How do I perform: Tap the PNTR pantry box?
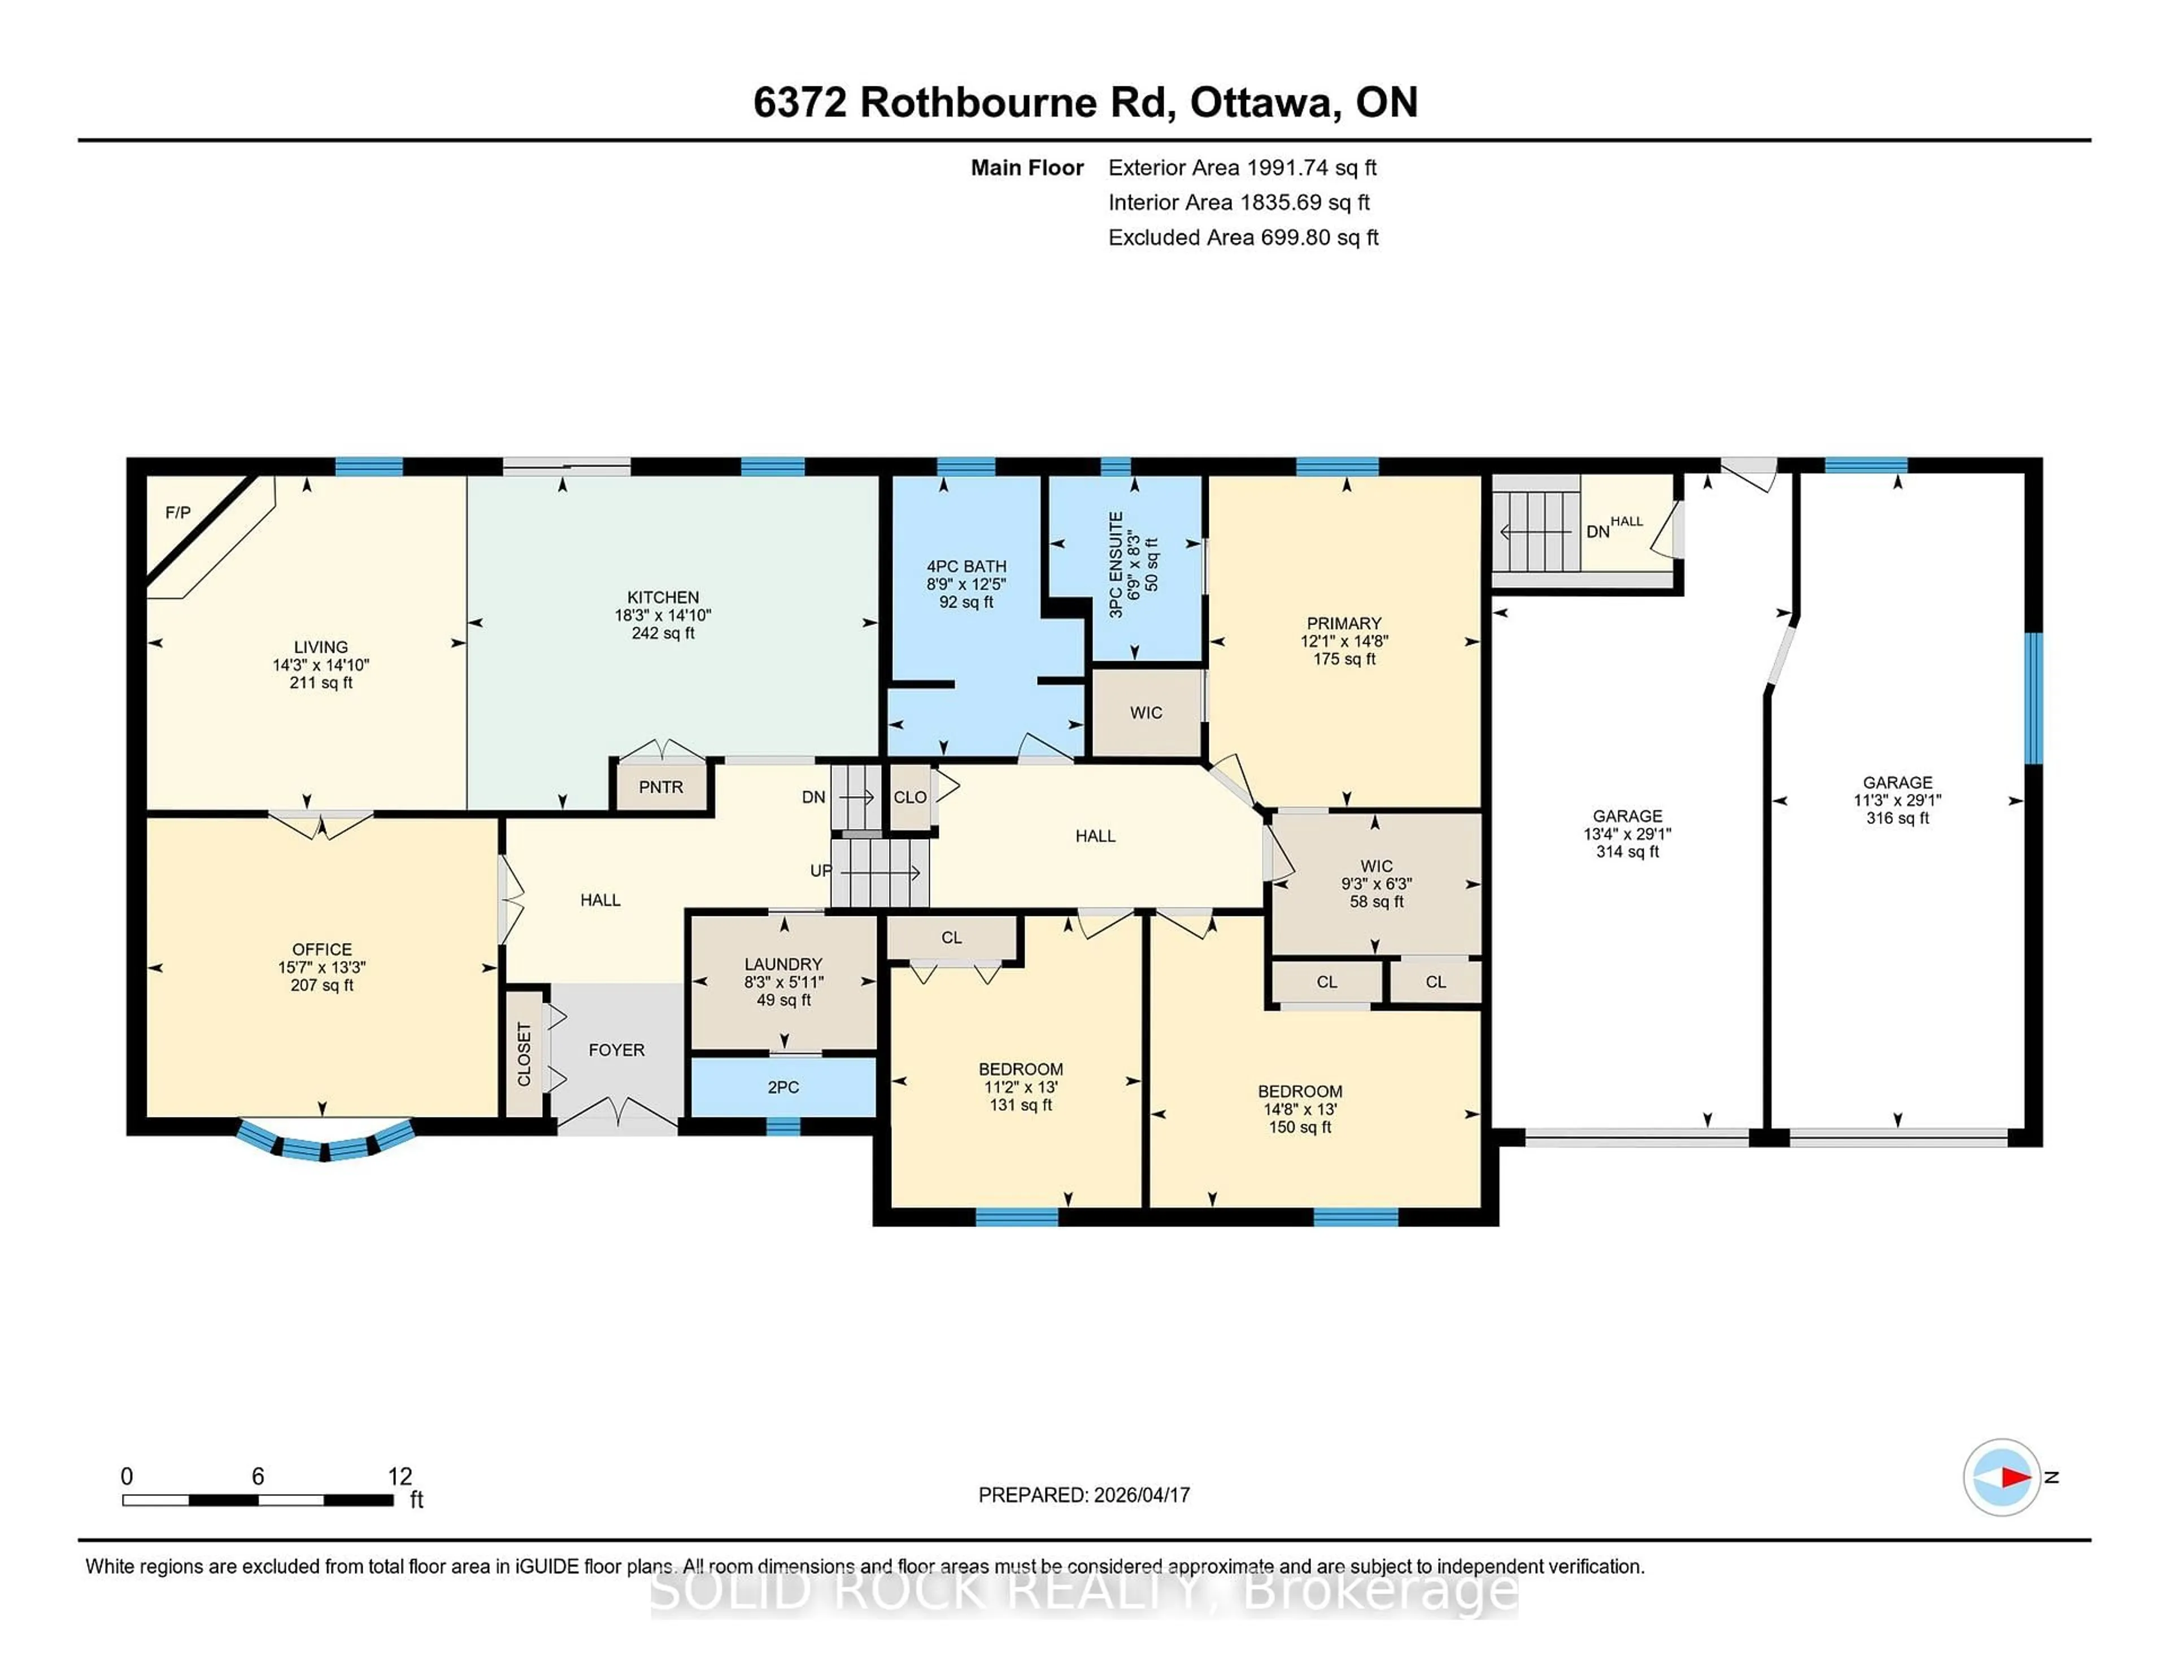point(660,787)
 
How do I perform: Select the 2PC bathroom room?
point(782,1087)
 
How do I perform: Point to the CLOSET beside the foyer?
point(524,1054)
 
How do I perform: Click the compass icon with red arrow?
point(2001,1477)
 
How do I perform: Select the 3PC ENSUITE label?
point(1116,564)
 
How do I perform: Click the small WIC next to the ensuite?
point(1146,713)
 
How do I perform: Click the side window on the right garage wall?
point(2033,698)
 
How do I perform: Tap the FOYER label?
point(616,1050)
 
